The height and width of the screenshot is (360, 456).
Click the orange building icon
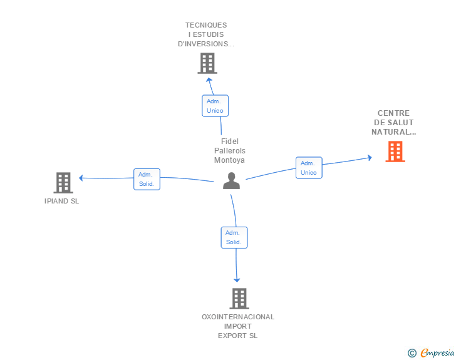coord(395,151)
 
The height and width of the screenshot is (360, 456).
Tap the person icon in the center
coord(232,180)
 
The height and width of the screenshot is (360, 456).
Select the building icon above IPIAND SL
coord(63,182)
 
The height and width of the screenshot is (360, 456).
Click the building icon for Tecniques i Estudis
coord(207,63)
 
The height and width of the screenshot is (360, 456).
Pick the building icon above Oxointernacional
coord(239,299)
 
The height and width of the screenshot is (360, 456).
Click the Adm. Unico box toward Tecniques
coord(215,105)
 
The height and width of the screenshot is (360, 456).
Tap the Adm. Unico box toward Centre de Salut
coord(309,168)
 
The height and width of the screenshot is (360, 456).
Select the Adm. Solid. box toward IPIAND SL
coord(147,179)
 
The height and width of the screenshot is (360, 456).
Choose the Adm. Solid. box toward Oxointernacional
coord(234,237)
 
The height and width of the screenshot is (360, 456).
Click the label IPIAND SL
coord(62,202)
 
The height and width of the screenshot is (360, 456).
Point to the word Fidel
coord(230,141)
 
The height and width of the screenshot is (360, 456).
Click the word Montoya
coord(229,160)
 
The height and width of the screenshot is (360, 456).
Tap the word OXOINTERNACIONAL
coord(238,317)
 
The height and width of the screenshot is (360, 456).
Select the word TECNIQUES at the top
coord(206,25)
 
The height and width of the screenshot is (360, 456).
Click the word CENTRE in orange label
coord(393,113)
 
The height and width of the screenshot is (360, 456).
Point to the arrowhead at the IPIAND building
coord(81,178)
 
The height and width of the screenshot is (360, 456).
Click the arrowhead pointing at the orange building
coord(369,158)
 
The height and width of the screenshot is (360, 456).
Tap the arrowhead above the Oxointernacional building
coord(237,280)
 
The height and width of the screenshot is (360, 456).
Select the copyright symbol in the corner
coord(412,353)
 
